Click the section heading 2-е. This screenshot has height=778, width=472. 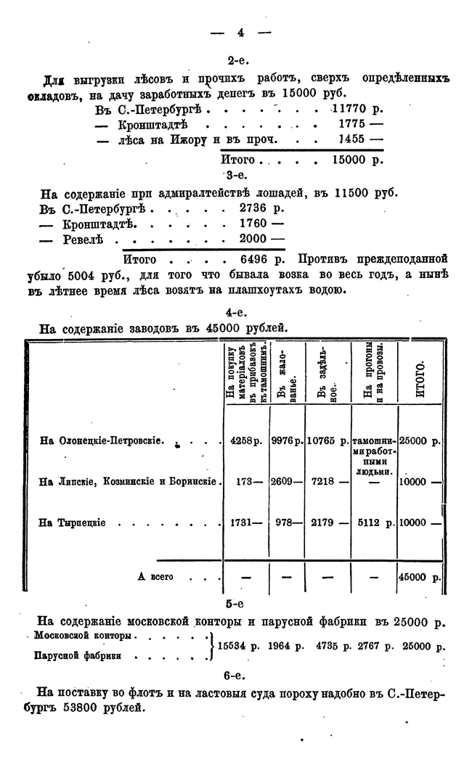(x=239, y=62)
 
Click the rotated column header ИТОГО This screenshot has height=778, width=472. (x=420, y=378)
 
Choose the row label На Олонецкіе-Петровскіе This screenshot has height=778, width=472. (x=102, y=441)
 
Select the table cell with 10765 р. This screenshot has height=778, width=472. (x=327, y=441)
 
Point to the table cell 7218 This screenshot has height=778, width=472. (x=322, y=481)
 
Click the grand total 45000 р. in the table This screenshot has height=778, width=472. (x=420, y=578)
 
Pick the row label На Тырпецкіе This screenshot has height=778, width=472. (x=73, y=523)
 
